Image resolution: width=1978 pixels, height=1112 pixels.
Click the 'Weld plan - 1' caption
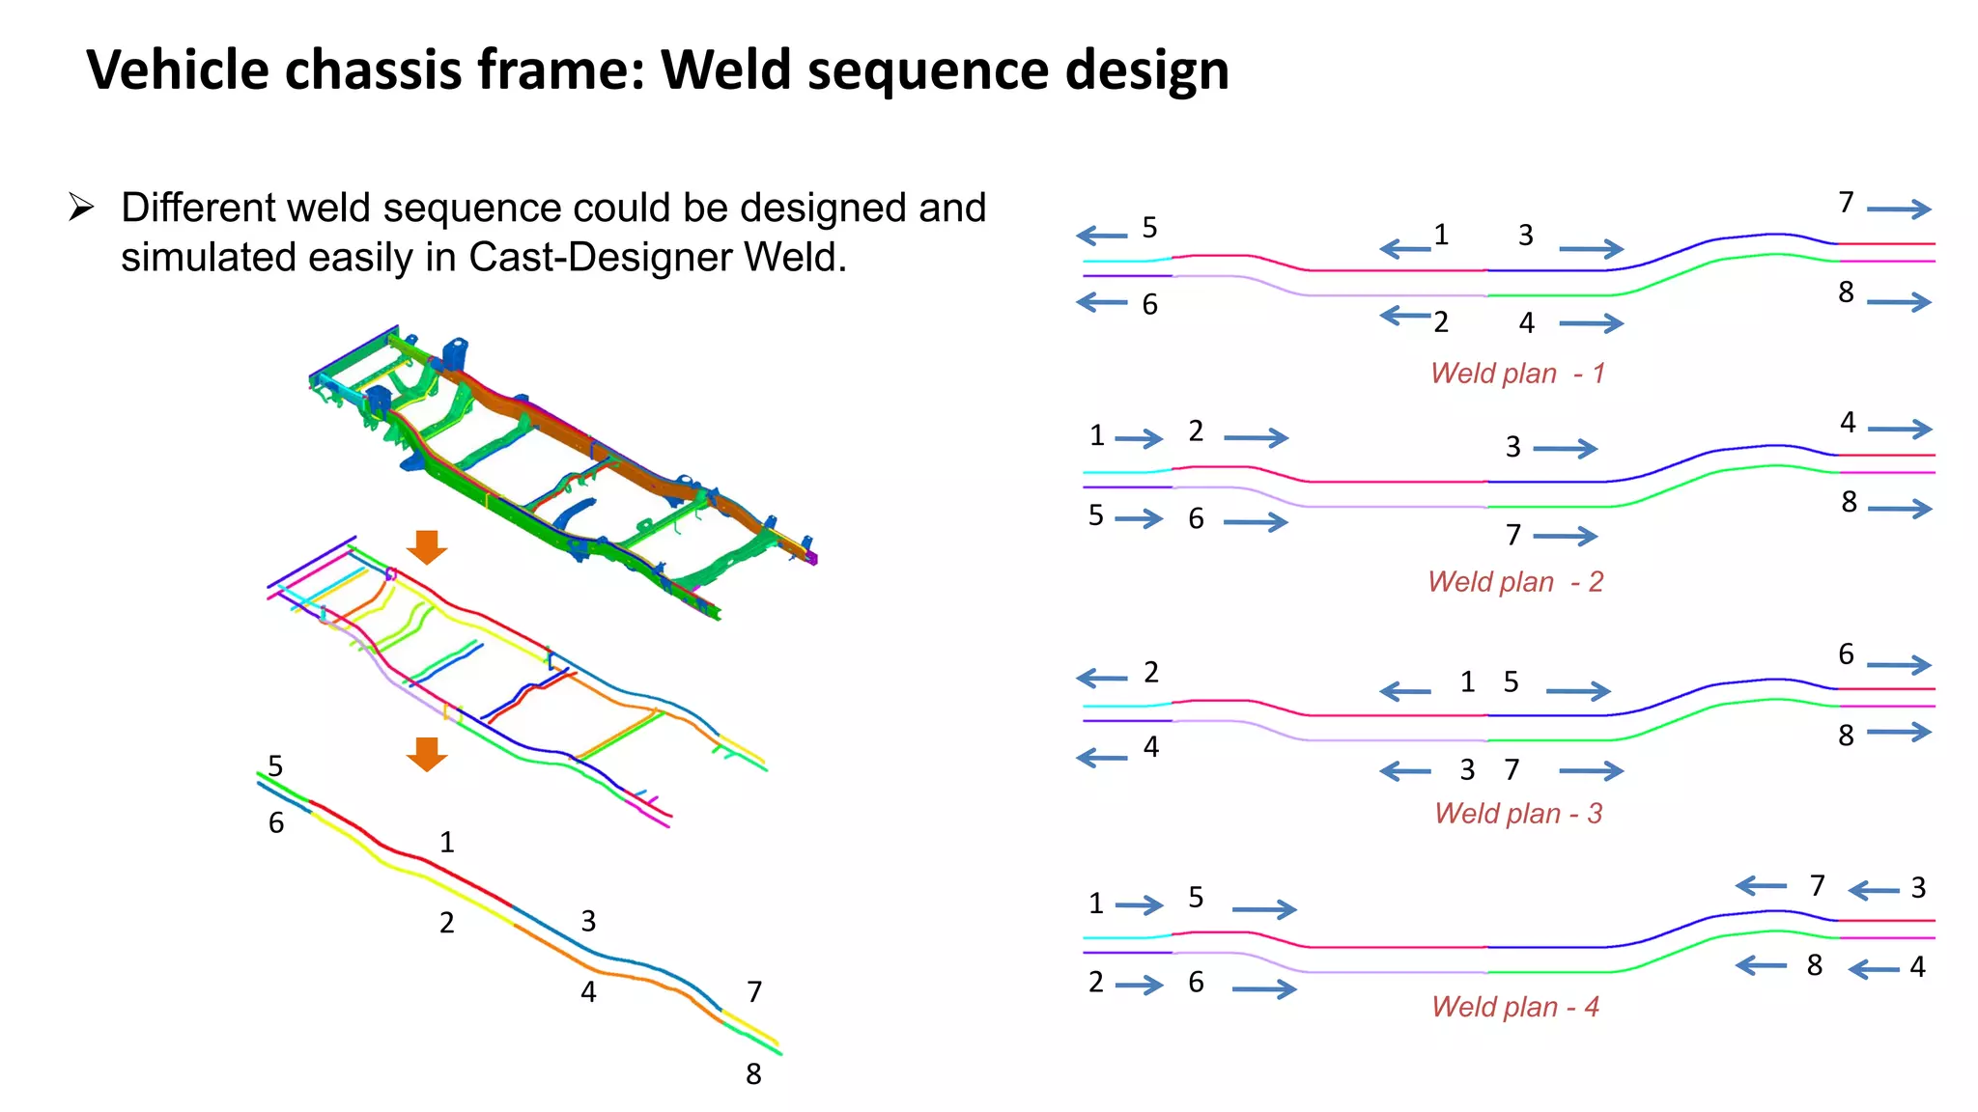[1517, 374]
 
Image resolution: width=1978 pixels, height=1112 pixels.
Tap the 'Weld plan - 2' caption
[1515, 582]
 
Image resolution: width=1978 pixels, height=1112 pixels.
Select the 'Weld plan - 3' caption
[1517, 814]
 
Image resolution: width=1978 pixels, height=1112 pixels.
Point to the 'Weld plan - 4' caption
[1515, 1007]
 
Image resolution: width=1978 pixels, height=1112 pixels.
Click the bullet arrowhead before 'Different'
[81, 208]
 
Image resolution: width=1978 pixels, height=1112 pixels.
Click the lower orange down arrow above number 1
[426, 754]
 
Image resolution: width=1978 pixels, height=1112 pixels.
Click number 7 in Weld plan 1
[1846, 203]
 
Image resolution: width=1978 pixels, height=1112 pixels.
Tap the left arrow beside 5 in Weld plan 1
[1102, 236]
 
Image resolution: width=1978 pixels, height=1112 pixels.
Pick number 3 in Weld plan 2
[1512, 447]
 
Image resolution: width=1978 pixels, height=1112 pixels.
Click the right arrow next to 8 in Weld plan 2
[1900, 509]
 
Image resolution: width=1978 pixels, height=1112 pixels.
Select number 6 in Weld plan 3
[1846, 654]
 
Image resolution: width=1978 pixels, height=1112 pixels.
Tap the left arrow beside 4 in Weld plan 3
[1102, 758]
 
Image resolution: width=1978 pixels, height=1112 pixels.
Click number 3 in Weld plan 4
[1918, 888]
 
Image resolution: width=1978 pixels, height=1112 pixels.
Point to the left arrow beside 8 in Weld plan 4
[1761, 964]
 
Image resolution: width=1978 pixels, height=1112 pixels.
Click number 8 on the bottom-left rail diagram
[753, 1074]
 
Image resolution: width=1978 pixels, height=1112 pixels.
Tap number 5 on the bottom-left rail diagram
[275, 766]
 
